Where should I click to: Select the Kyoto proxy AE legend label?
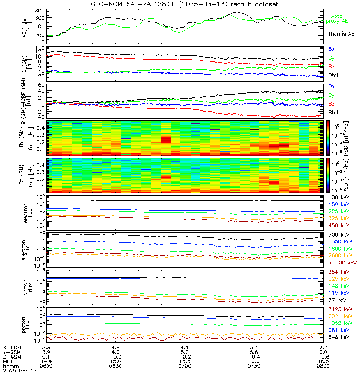tap(341, 19)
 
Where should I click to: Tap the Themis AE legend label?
tap(341, 34)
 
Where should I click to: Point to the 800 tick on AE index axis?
tap(40, 11)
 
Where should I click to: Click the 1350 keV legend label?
tap(340, 241)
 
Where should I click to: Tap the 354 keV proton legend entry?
tap(339, 272)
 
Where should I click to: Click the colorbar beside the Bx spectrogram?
tap(329, 137)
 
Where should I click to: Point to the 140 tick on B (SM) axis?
tap(40, 48)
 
